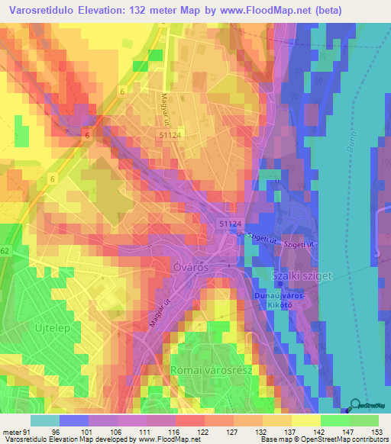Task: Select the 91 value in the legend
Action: click(x=27, y=431)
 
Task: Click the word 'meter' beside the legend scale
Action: click(x=11, y=431)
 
